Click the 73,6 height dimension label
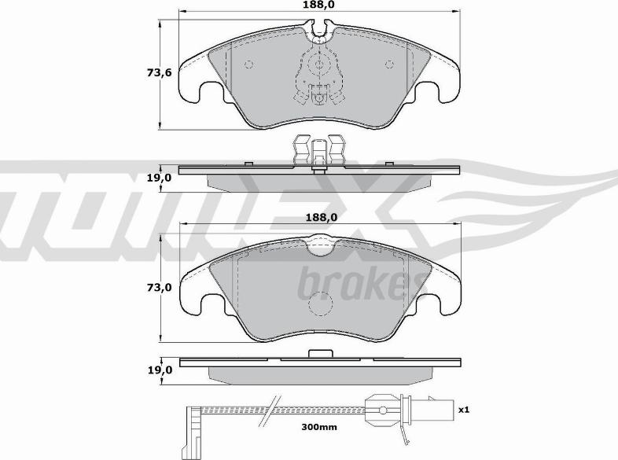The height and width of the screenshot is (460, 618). pyautogui.click(x=160, y=72)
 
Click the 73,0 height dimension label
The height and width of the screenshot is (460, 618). pyautogui.click(x=160, y=288)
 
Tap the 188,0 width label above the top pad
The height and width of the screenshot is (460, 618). pyautogui.click(x=320, y=5)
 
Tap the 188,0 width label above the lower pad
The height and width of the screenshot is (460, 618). pyautogui.click(x=321, y=217)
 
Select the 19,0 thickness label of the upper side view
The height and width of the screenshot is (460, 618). pyautogui.click(x=160, y=178)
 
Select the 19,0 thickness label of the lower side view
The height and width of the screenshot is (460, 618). pyautogui.click(x=160, y=370)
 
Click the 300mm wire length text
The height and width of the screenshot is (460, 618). pyautogui.click(x=319, y=426)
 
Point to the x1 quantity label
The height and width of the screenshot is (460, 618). pyautogui.click(x=464, y=410)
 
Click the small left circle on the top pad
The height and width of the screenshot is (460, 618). pyautogui.click(x=249, y=64)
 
